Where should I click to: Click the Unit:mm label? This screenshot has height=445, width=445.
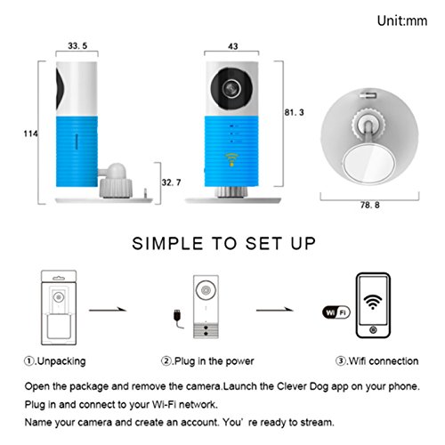[x=402, y=20]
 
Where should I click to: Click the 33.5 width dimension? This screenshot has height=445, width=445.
[x=77, y=45]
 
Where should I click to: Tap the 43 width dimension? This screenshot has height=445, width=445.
[x=233, y=46]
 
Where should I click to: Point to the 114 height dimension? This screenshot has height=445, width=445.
[x=31, y=133]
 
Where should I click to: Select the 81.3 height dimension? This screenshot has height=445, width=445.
[x=295, y=112]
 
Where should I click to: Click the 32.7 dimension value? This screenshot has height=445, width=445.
[x=171, y=182]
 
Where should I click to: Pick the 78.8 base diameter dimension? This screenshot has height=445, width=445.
[x=370, y=205]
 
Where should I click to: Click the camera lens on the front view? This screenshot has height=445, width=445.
[x=231, y=88]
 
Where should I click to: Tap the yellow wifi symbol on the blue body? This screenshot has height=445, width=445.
[x=231, y=159]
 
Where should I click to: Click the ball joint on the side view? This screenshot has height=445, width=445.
[x=117, y=171]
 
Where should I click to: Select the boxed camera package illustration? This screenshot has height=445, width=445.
[x=59, y=307]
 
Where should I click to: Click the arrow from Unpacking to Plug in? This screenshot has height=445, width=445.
[x=108, y=310]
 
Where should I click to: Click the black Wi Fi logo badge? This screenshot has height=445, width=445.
[x=336, y=312]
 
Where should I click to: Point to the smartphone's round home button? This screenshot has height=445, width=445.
[x=373, y=330]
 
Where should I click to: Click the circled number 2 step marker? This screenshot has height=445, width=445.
[x=166, y=361]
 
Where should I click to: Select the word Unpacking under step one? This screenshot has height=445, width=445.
[x=61, y=361]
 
